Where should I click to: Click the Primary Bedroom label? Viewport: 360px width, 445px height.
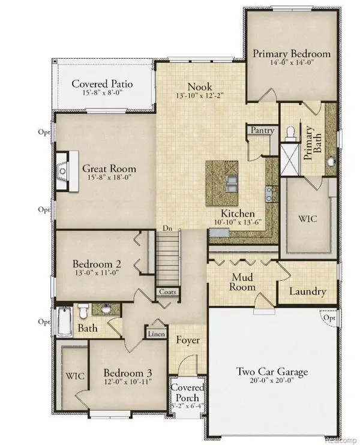pyautogui.click(x=291, y=53)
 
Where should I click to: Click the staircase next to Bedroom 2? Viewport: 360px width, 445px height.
pyautogui.click(x=169, y=259)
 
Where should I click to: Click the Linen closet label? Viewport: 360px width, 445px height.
pyautogui.click(x=156, y=333)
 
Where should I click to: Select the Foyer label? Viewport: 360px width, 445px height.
pyautogui.click(x=187, y=340)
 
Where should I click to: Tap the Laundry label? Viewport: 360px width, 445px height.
pyautogui.click(x=307, y=292)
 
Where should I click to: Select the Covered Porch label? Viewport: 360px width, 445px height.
pyautogui.click(x=187, y=393)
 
